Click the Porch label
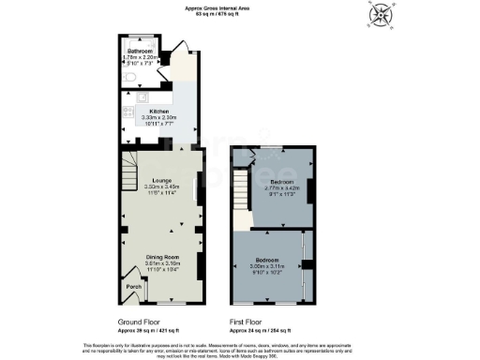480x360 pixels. [x=133, y=287]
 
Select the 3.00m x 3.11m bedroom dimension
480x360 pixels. [x=273, y=267]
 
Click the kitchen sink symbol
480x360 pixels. [x=142, y=97]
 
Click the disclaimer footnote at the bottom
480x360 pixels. [x=239, y=348]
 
